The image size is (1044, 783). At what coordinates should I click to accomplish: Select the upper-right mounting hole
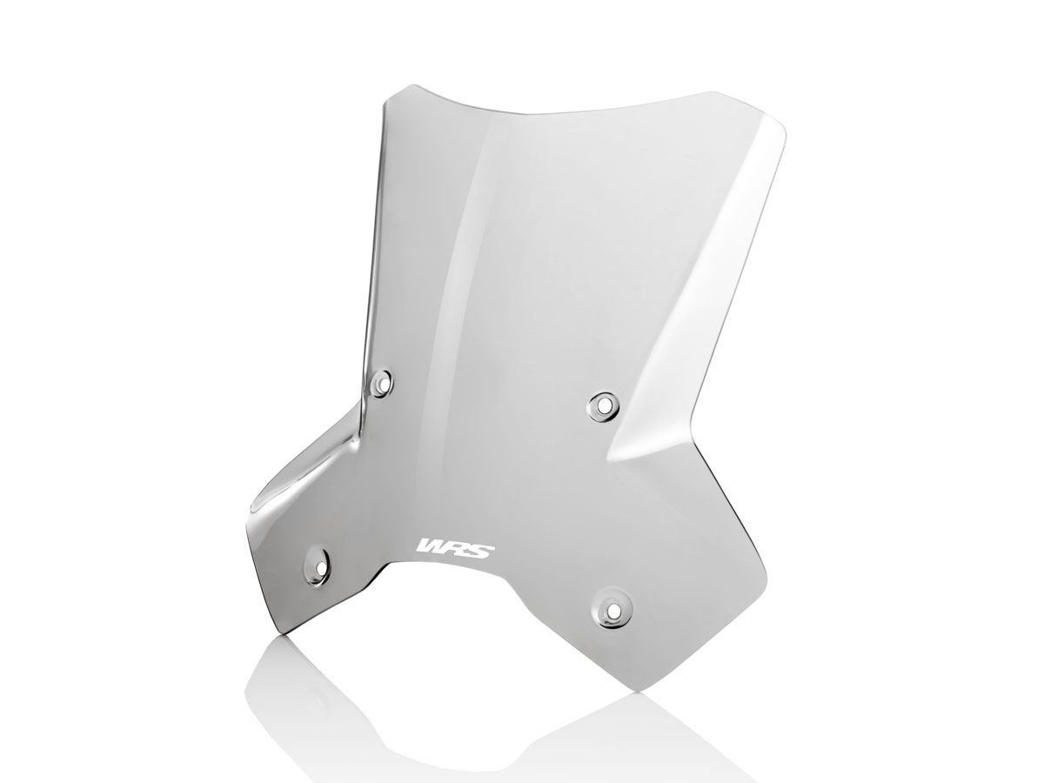601,403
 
